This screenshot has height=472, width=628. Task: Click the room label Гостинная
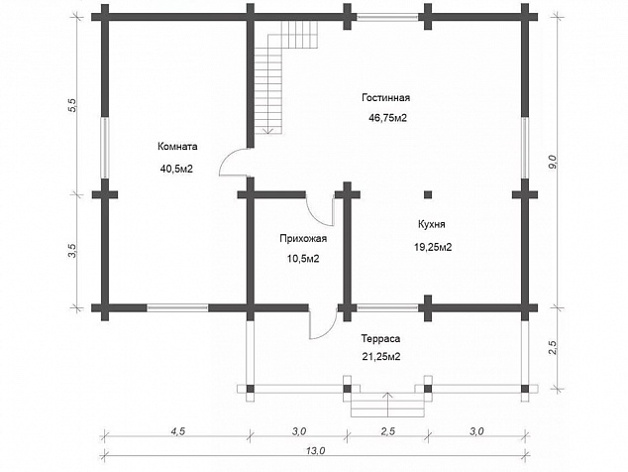[385, 98]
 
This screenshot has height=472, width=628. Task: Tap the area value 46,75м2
[387, 118]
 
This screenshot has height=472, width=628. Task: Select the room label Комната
[177, 147]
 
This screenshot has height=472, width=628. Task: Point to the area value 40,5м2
[176, 169]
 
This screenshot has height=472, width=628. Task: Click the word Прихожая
[303, 239]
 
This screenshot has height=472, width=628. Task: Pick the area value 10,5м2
[303, 259]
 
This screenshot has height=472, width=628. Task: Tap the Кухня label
[431, 224]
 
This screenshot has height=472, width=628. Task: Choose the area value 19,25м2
[433, 247]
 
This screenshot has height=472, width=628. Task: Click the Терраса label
[380, 338]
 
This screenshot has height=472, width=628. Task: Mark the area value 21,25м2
[381, 357]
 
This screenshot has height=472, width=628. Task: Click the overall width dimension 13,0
[316, 451]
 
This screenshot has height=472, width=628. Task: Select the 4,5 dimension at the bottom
[178, 431]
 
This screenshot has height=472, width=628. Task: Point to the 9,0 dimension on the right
[553, 162]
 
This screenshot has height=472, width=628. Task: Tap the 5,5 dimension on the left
[72, 105]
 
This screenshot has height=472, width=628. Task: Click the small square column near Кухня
[428, 195]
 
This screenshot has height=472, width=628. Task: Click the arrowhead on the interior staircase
[268, 130]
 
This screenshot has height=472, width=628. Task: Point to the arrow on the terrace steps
[387, 405]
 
